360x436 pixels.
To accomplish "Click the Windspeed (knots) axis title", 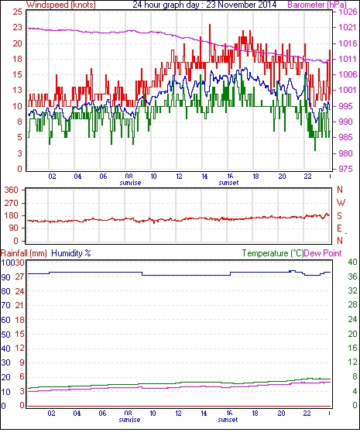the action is pyautogui.click(x=61, y=5).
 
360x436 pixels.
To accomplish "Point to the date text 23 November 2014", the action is pyautogui.click(x=242, y=5).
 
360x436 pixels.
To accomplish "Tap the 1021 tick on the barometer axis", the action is pyautogui.click(x=348, y=27).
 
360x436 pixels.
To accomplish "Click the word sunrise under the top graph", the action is pyautogui.click(x=130, y=183).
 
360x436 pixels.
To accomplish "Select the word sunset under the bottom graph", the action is pyautogui.click(x=228, y=420).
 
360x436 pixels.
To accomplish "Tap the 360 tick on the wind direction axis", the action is pyautogui.click(x=12, y=191).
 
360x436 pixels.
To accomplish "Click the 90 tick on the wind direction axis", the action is pyautogui.click(x=14, y=228).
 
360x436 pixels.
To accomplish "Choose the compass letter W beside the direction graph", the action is pyautogui.click(x=341, y=203).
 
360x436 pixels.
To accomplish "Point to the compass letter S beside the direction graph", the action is pyautogui.click(x=339, y=215).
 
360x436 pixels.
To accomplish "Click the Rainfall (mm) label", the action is pyautogui.click(x=24, y=253).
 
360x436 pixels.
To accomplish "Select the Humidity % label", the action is pyautogui.click(x=71, y=253).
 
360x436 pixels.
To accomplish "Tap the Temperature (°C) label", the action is pyautogui.click(x=273, y=253).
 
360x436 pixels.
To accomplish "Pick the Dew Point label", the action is pyautogui.click(x=323, y=253).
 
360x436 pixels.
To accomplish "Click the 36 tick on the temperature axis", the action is pyautogui.click(x=352, y=276).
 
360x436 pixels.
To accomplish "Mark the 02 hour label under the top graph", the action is pyautogui.click(x=52, y=176).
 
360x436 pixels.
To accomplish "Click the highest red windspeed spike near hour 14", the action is pyautogui.click(x=210, y=25).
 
